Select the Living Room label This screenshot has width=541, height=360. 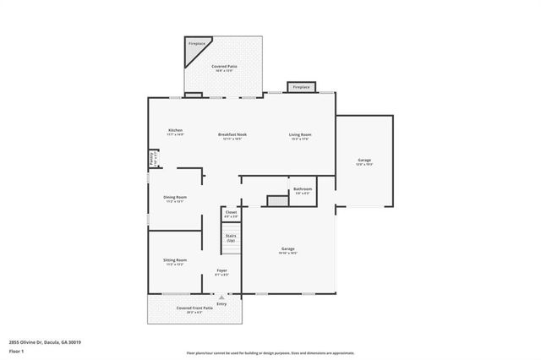(x=300, y=136)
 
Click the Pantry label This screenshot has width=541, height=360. (x=152, y=158)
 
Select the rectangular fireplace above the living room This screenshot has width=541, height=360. (x=300, y=87)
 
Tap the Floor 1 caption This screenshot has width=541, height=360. (x=16, y=351)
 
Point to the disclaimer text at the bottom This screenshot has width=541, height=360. (x=270, y=353)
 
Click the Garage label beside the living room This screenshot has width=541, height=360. (x=364, y=161)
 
